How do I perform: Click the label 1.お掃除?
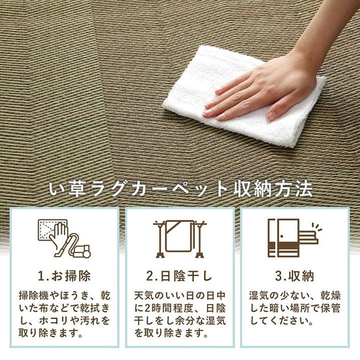64,276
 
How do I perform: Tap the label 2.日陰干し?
179,276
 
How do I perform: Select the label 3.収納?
294,276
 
